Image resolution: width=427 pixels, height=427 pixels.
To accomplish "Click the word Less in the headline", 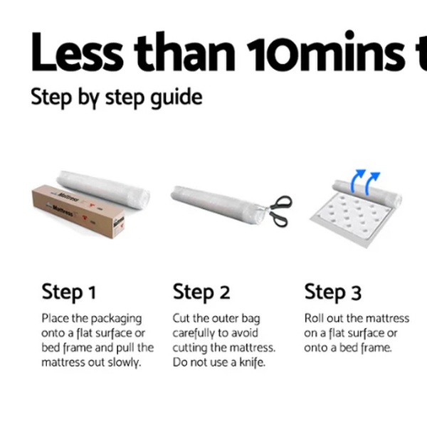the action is point(77,52).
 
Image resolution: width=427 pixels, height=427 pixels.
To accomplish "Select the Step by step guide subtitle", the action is point(117,97).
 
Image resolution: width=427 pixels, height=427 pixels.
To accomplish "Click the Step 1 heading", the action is point(69,292).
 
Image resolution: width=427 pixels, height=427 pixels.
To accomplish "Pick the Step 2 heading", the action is point(201,292).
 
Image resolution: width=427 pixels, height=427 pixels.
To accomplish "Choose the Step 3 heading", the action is point(333,292).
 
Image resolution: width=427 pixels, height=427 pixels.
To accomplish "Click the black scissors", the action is point(278,211).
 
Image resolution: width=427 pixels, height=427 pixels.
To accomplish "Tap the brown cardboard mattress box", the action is point(78,211).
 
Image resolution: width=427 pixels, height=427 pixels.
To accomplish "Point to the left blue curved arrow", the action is point(357,181).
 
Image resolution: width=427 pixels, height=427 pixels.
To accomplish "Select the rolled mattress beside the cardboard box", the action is point(103,189).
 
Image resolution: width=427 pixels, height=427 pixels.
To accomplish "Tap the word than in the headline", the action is point(185,52).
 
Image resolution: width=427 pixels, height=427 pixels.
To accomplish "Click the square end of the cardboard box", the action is point(119,225).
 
